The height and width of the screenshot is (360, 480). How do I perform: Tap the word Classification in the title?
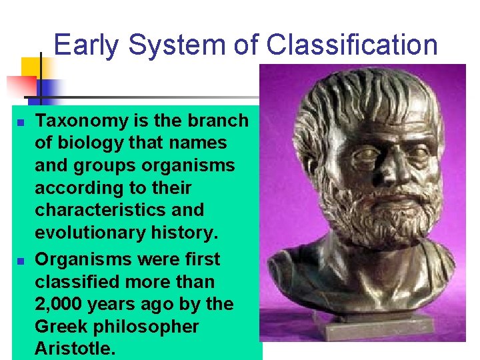click(x=351, y=45)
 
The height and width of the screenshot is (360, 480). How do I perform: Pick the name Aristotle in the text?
click(x=71, y=349)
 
